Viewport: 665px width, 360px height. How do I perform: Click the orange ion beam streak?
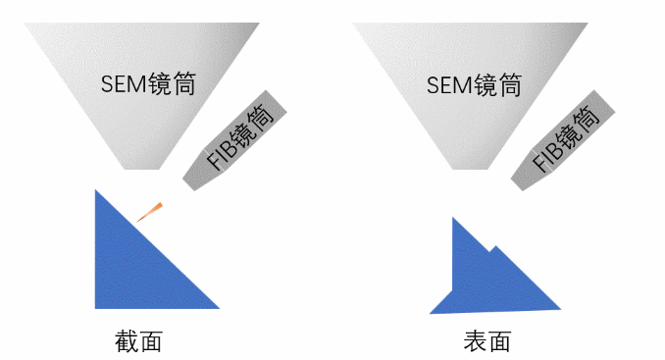point(149,211)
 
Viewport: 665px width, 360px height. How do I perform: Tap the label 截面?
point(138,341)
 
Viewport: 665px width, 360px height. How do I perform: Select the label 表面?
point(487,341)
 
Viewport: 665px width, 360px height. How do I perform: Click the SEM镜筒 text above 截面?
point(148,82)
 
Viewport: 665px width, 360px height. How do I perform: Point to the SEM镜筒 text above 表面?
point(474,83)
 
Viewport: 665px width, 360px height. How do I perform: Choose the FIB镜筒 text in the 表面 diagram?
point(566,140)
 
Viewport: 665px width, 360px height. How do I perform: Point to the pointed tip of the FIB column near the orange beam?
point(185,184)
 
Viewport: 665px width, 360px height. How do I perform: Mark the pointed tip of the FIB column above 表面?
point(514,184)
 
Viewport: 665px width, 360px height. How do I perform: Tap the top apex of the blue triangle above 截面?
point(96,191)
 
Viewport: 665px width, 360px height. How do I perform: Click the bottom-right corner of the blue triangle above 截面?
point(218,307)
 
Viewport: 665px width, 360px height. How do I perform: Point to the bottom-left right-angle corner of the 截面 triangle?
point(96,307)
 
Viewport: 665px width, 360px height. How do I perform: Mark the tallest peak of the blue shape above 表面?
point(453,219)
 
